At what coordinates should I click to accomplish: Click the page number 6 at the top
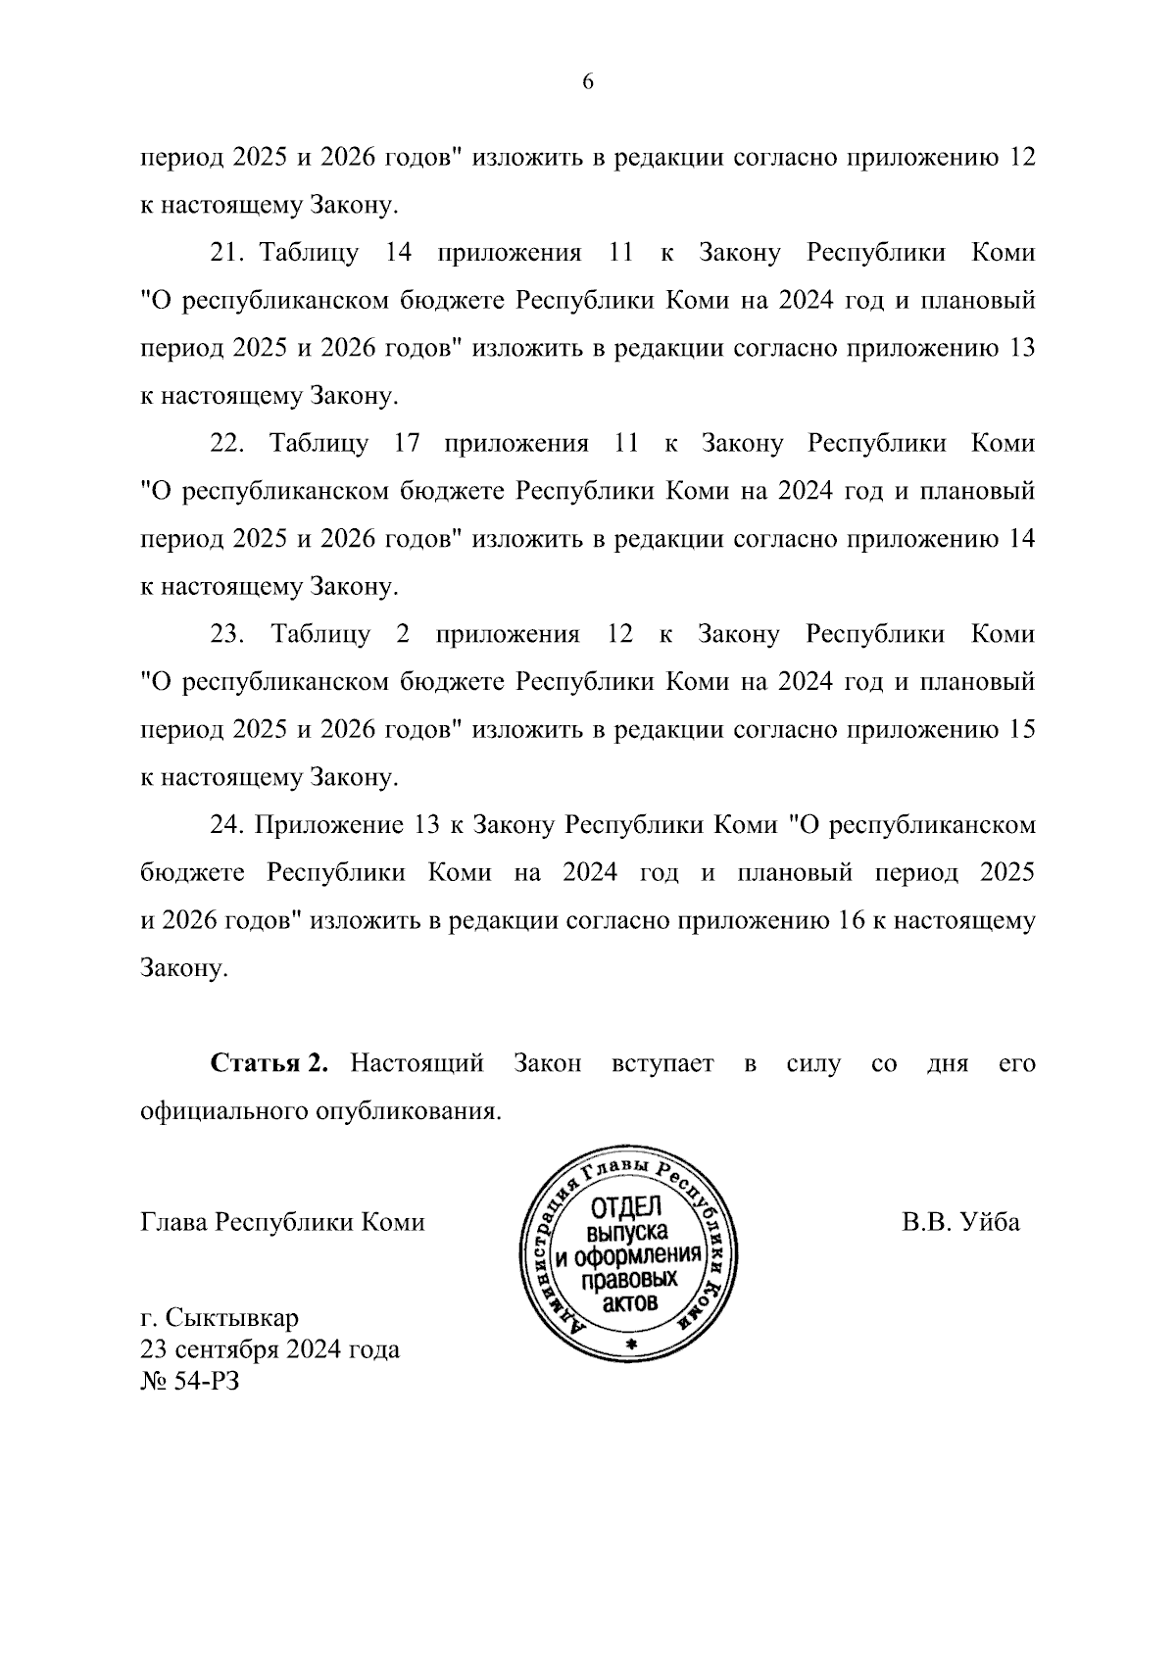(588, 82)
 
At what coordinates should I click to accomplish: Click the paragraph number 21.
(226, 253)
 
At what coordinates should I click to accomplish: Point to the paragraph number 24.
(226, 825)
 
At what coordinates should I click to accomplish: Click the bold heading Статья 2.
(269, 1064)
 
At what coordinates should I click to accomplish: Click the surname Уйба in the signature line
(990, 1222)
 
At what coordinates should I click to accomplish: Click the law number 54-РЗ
(209, 1382)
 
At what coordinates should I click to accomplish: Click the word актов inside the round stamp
(627, 1303)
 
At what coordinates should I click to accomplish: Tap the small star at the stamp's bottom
(630, 1345)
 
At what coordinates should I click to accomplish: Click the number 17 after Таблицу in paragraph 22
(407, 444)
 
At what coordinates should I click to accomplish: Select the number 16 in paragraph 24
(849, 921)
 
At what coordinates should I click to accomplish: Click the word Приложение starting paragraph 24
(324, 825)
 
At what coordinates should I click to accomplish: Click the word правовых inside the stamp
(627, 1280)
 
